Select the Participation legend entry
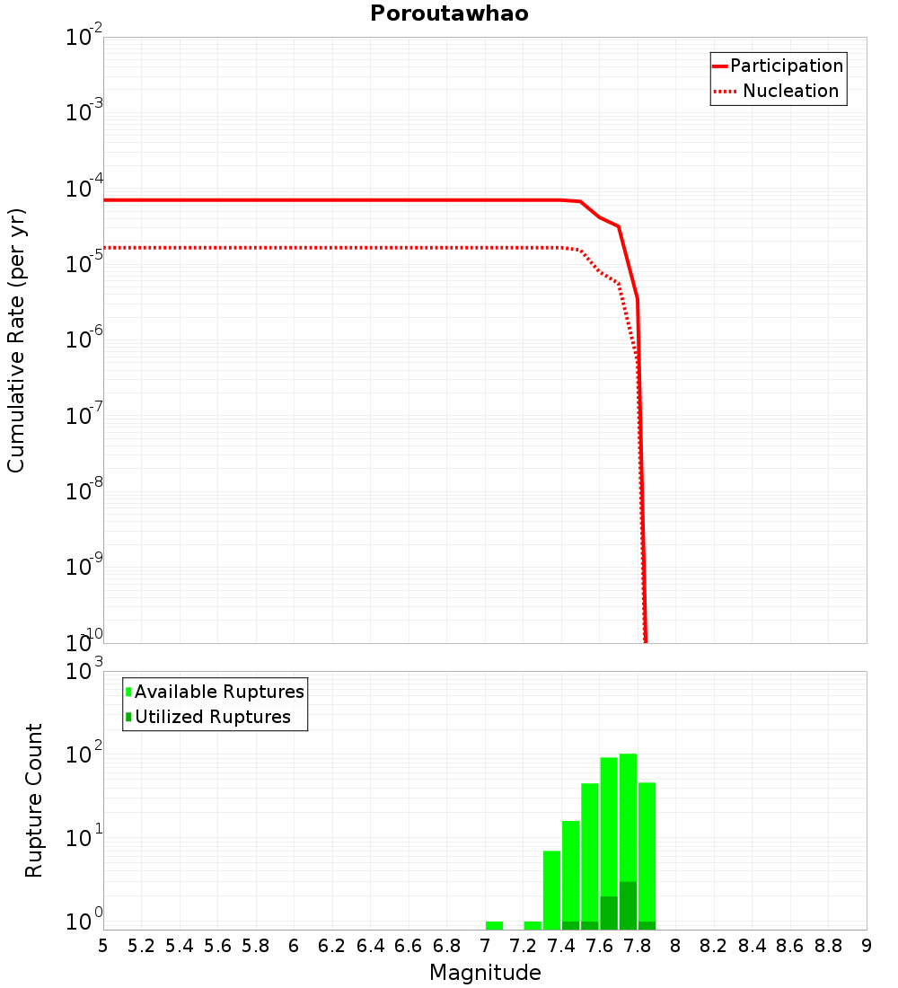click(787, 66)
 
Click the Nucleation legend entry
click(790, 91)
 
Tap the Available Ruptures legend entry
click(219, 692)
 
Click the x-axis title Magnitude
click(485, 973)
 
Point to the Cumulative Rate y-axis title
click(16, 340)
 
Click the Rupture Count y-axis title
click(34, 800)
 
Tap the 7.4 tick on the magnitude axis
click(561, 946)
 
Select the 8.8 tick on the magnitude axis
click(828, 946)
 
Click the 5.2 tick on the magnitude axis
click(142, 946)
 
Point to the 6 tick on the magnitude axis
click(294, 946)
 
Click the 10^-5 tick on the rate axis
click(84, 264)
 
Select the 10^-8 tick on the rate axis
click(84, 491)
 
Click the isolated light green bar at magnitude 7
click(494, 925)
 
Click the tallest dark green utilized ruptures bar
click(628, 905)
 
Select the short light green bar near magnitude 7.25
click(533, 925)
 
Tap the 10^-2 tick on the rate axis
click(84, 38)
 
